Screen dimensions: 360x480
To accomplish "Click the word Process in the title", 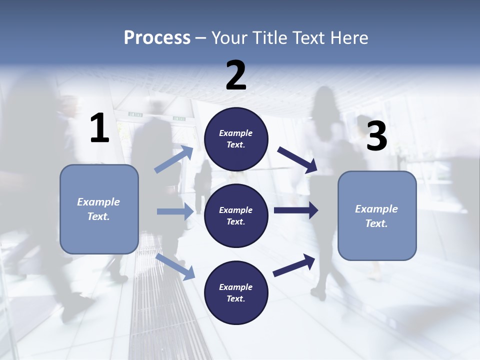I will (x=157, y=38).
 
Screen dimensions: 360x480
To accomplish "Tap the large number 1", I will (x=99, y=128).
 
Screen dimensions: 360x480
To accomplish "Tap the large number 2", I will (x=236, y=75).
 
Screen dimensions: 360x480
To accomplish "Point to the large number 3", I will (x=376, y=136).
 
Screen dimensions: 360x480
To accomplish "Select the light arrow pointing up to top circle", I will (x=174, y=159).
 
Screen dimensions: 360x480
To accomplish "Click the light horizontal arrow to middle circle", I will (x=175, y=211).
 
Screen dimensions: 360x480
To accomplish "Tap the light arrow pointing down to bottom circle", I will (x=175, y=266).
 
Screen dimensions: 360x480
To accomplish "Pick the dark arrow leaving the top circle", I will (x=297, y=160).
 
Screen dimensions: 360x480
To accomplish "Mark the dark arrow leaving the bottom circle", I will (x=294, y=265).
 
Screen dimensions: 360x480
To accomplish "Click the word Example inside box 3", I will (x=376, y=209).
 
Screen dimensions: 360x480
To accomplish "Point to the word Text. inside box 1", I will (x=98, y=216).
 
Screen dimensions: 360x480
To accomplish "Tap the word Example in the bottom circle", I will (x=236, y=287).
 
